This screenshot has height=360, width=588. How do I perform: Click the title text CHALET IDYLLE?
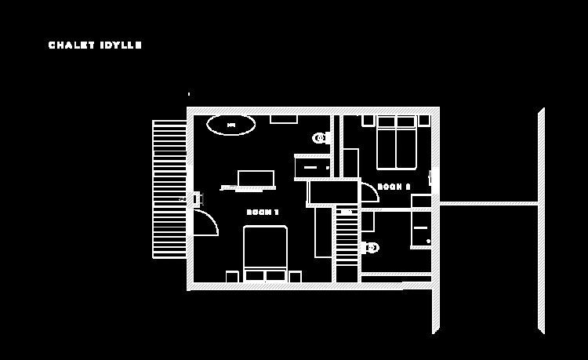pos(95,45)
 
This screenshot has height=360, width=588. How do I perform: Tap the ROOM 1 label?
pos(263,213)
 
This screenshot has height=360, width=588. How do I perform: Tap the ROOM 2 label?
pos(394,187)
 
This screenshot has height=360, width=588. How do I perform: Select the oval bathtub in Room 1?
pos(230,125)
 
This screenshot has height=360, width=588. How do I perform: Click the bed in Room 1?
pos(265,251)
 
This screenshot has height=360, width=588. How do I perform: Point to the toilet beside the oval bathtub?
pos(321,138)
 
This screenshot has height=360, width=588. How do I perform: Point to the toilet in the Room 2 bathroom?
pos(370,248)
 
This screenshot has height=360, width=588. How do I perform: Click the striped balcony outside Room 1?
pos(169,188)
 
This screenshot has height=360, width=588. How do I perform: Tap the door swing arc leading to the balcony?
pos(205,223)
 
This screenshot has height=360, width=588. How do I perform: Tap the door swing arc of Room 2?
pos(369,193)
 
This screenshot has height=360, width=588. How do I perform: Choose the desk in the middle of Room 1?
pos(256,179)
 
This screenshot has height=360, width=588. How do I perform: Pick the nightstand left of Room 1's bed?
pos(232,276)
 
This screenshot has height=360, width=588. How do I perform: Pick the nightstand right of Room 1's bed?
pos(295,276)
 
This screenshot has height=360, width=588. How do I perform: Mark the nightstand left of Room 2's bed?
pos(368,120)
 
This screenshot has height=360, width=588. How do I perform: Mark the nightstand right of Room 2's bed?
pos(424,120)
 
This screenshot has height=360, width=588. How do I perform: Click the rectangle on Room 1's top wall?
pos(284,119)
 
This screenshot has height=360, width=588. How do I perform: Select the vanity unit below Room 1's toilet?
pos(312,167)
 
